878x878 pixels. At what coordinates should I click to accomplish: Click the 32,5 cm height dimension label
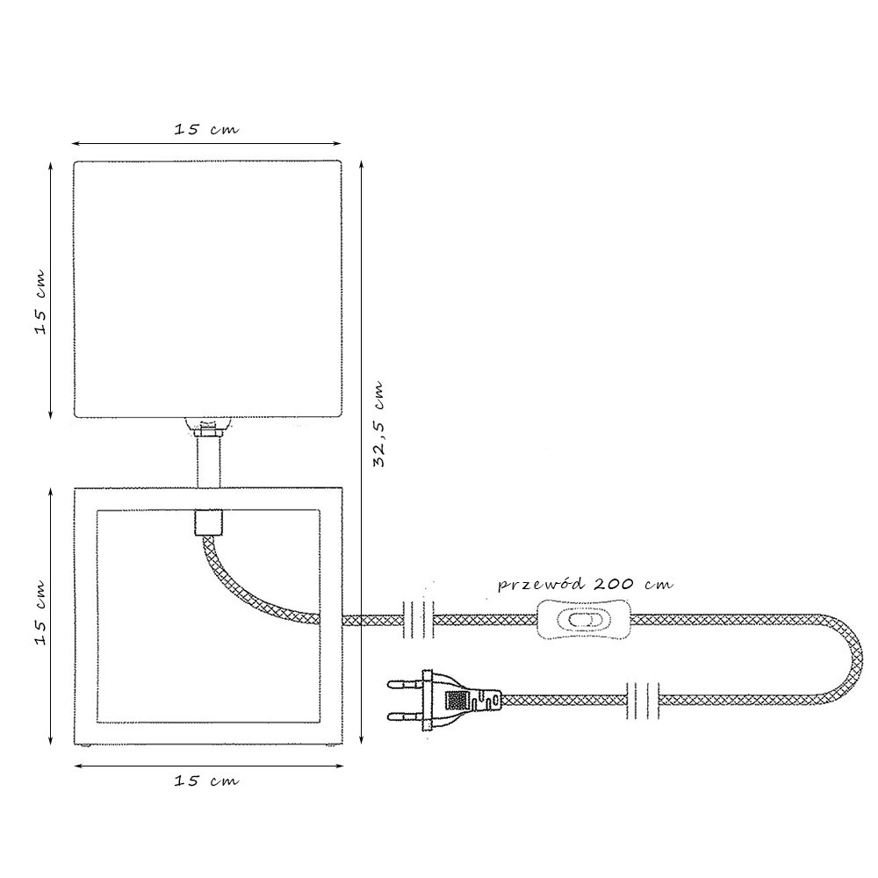(378, 424)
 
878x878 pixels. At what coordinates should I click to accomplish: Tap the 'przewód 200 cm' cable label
(585, 585)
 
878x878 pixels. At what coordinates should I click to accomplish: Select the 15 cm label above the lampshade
(206, 129)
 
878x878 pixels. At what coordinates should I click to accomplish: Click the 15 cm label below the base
(206, 780)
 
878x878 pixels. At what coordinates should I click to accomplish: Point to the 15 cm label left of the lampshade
(40, 302)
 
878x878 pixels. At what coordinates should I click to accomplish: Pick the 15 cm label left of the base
(40, 613)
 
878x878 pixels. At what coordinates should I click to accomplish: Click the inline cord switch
(585, 620)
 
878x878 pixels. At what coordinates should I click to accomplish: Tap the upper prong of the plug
(406, 684)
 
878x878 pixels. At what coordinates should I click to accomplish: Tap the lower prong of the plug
(406, 716)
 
